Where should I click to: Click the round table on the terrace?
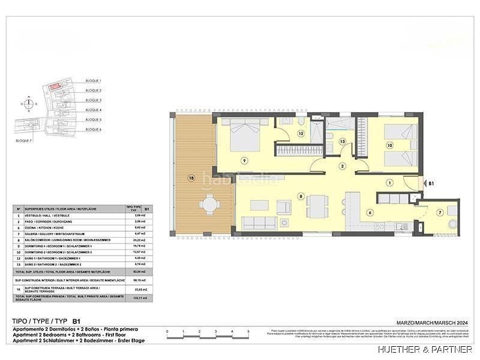coord(209,205)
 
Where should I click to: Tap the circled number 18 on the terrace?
coord(191,178)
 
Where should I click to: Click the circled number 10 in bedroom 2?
coord(389,145)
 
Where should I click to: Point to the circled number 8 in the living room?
coord(301,195)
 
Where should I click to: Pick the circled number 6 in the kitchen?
coord(370,212)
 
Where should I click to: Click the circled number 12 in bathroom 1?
coord(301,134)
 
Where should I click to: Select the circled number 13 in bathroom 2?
coord(342,142)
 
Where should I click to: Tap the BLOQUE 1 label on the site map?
coord(93,80)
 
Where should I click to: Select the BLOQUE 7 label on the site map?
coord(24,140)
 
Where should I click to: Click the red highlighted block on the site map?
coord(55,88)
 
